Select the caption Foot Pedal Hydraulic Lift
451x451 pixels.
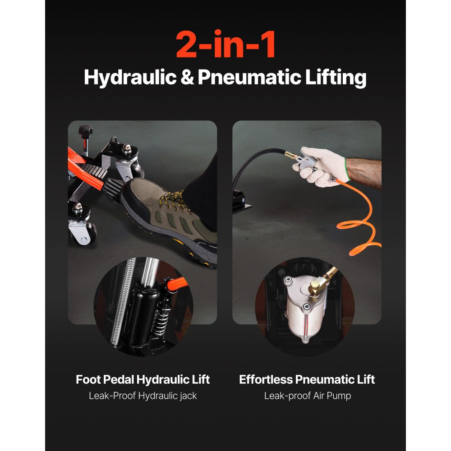143,379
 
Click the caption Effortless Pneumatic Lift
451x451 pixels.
307,379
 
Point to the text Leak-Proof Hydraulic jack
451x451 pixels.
143,396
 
